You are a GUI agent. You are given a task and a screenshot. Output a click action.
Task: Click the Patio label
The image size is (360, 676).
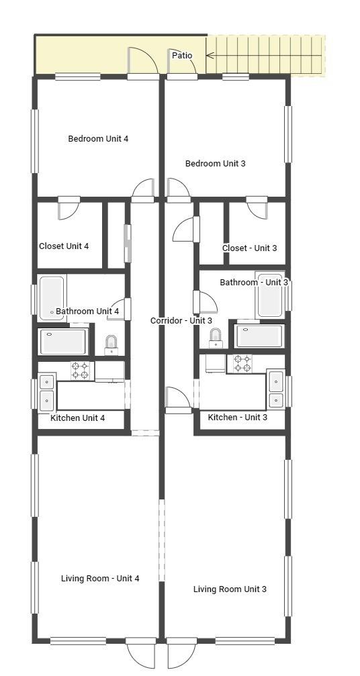point(182,55)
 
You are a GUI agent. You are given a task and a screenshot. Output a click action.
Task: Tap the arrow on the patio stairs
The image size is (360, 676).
point(210,55)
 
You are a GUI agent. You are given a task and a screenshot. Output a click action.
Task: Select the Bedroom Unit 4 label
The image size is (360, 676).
point(98,139)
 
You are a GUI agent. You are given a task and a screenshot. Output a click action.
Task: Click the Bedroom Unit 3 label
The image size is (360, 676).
point(215,163)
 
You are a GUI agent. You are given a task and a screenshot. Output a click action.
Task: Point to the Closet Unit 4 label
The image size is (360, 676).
point(64,246)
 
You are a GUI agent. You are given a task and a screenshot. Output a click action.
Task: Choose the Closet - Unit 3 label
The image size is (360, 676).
point(249,248)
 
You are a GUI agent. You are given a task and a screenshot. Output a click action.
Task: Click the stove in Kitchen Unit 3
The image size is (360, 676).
point(242,363)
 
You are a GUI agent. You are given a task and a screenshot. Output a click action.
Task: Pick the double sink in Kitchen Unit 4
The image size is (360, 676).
point(46,391)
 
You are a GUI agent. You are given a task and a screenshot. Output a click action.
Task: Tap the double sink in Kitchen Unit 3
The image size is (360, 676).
point(276,390)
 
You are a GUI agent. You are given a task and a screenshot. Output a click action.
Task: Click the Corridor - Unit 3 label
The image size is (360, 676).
point(181,321)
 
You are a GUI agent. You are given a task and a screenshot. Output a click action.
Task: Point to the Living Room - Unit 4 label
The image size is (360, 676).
point(100,578)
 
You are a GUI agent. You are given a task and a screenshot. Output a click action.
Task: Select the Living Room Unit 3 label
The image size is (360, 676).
point(230,589)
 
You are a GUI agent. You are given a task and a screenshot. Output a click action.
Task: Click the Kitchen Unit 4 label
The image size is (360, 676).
point(77,418)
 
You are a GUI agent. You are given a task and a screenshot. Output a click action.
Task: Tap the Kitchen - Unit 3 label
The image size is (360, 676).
point(237,418)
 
